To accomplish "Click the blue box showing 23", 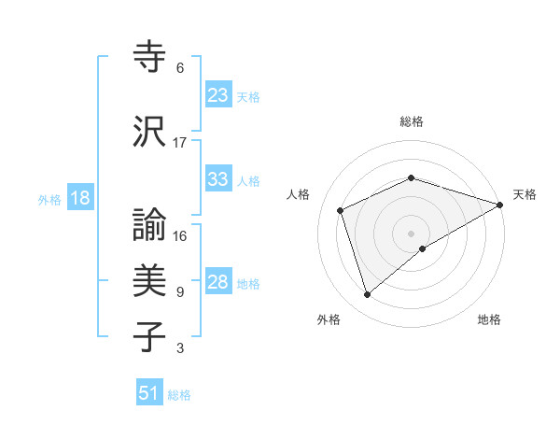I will coord(218,95).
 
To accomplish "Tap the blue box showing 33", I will coord(218,179).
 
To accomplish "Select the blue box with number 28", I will coord(218,283).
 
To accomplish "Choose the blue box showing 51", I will coord(150,393).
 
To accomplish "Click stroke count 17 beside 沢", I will coord(180,143).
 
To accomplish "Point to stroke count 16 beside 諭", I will coord(180,236).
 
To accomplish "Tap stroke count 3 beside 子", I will coord(180,348).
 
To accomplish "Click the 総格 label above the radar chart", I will coord(412,121).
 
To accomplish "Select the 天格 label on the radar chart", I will coord(525,194).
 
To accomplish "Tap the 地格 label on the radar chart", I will coord(489,319).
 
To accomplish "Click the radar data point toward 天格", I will coord(500,205).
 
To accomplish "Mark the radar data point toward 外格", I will coord(367,295).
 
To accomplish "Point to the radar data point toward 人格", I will coord(341,210).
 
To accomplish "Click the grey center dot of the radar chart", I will coord(412,233).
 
